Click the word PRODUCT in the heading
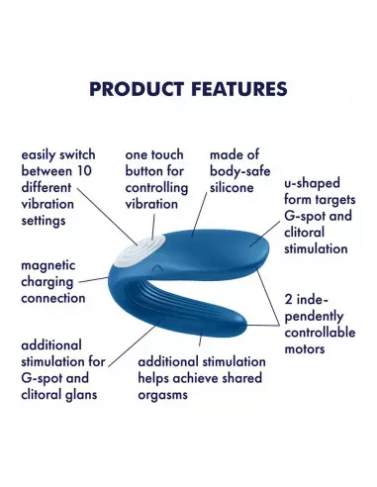pos(135,89)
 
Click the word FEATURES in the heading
pos(235,89)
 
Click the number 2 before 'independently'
pos(289,299)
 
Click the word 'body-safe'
pos(238,170)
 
